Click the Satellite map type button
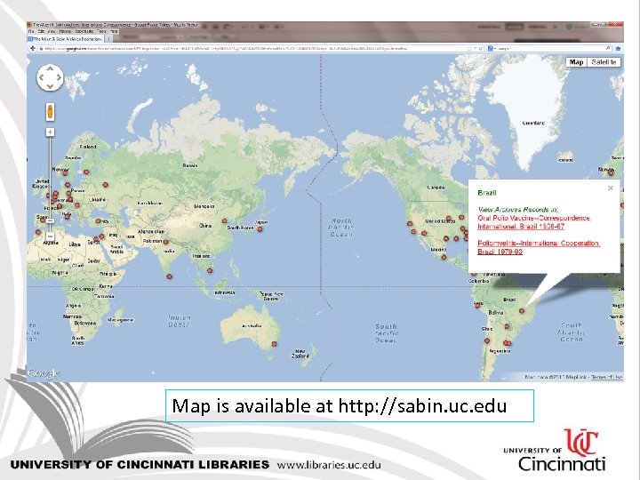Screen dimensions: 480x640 point(604,62)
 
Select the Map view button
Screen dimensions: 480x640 point(577,62)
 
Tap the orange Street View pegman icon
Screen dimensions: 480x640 point(50,112)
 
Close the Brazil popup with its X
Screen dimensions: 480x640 point(611,188)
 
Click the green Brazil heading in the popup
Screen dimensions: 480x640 point(487,193)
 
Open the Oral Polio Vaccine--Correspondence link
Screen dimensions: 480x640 point(533,217)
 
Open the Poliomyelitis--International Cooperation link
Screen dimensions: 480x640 point(539,243)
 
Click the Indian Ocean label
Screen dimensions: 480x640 point(180,320)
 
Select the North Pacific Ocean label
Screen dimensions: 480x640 point(341,228)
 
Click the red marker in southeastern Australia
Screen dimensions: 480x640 point(274,343)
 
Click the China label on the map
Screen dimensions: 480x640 point(204,226)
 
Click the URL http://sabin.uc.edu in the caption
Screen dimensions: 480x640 point(422,406)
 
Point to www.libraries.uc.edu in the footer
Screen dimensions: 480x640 point(329,464)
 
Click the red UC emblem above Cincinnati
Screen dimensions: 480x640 point(582,443)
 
